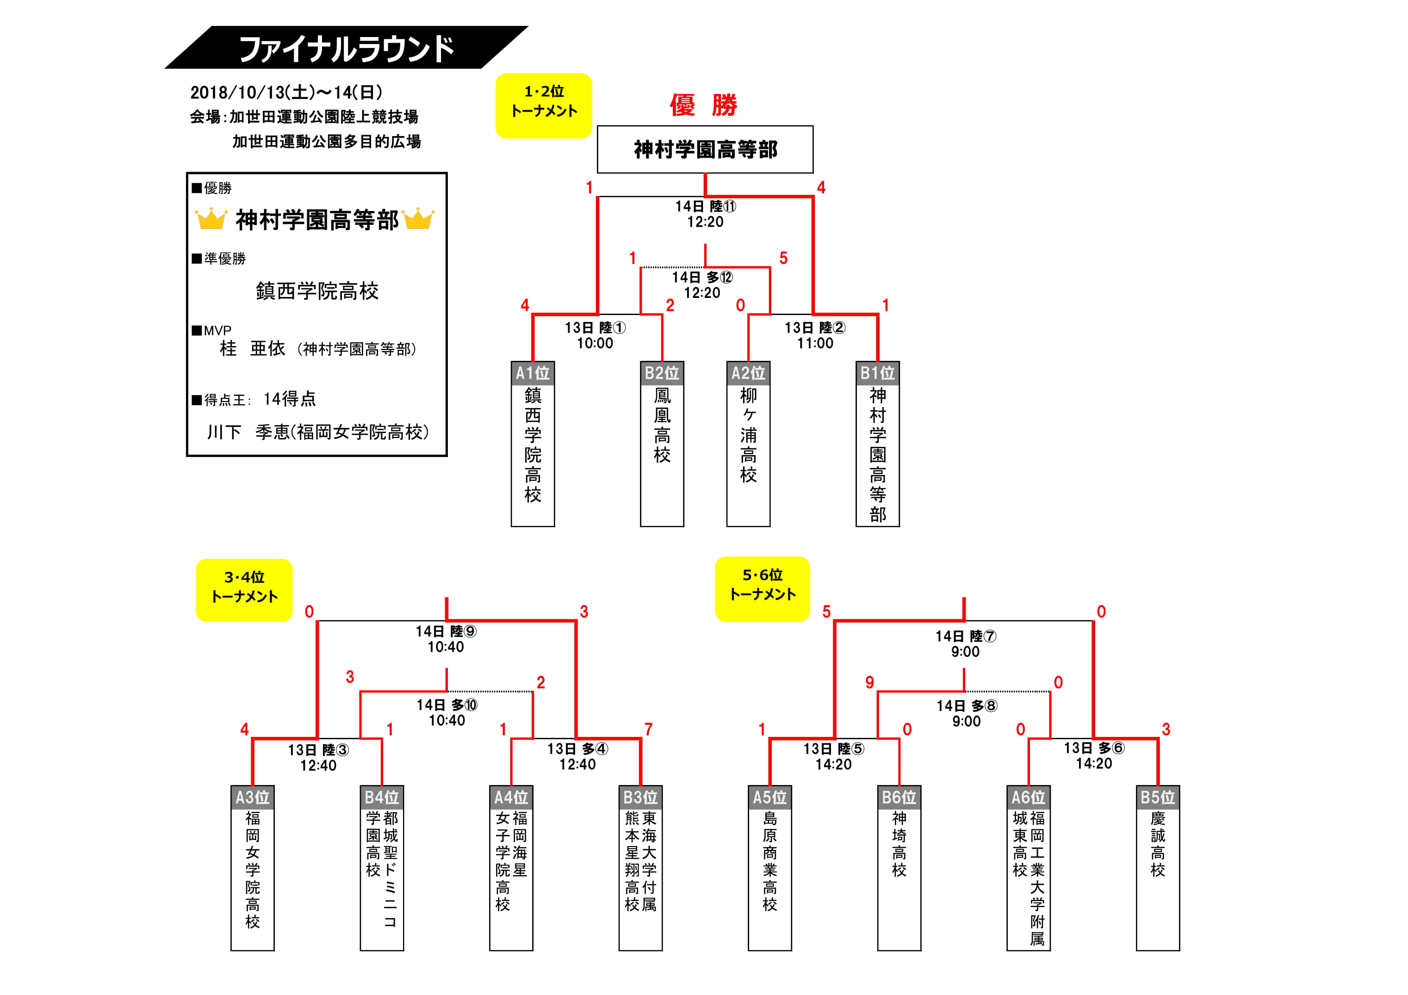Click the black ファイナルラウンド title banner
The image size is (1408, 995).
pos(347,48)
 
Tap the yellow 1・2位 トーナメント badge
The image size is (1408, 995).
pos(543,105)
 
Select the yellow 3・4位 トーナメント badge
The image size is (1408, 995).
pos(244,590)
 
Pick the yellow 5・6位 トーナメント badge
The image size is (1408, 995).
pos(762,588)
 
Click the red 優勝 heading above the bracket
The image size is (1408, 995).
pos(703,105)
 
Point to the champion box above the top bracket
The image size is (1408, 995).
pos(705,149)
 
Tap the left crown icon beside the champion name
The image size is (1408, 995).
pos(211,218)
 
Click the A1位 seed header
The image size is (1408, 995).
pos(533,373)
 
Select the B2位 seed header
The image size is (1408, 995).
pos(662,373)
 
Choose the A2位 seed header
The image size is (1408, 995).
pos(748,373)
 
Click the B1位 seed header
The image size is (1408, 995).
pos(878,373)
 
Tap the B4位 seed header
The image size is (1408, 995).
pos(381,797)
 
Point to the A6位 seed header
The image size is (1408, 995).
pos(1029,797)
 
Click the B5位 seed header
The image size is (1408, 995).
pos(1158,797)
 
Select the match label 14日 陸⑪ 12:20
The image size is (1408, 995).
pos(705,214)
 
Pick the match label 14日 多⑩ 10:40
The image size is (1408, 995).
pos(447,712)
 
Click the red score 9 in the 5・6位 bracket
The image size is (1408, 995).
pos(869,682)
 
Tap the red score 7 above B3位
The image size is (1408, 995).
pos(648,729)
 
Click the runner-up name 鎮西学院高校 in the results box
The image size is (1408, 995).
pos(317,290)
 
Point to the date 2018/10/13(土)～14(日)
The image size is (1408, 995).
pos(286,92)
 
